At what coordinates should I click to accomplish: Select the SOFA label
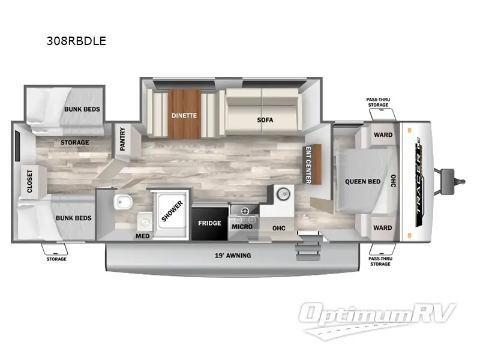[x=265, y=119]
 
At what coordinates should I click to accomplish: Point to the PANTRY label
[x=122, y=139]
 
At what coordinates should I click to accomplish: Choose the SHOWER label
[x=173, y=211]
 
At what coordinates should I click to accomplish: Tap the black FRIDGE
[x=209, y=223]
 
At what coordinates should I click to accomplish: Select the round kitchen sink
[x=282, y=193]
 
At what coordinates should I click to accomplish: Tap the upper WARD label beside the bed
[x=383, y=134]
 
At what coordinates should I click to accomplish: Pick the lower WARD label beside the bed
[x=383, y=227]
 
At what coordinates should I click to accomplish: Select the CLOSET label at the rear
[x=29, y=182]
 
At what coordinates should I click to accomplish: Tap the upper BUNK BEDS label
[x=82, y=109]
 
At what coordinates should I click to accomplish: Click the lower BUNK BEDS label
[x=74, y=218]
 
